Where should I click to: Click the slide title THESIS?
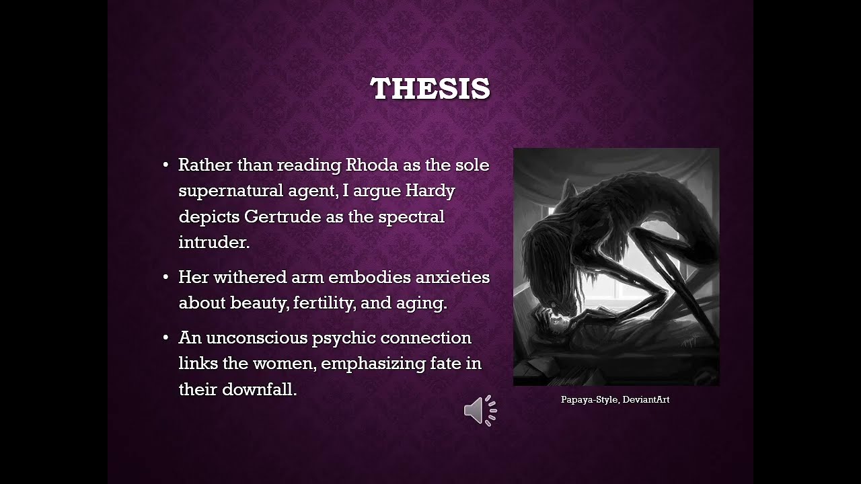pos(430,89)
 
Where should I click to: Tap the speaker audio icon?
pos(480,410)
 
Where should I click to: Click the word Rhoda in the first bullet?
pos(371,165)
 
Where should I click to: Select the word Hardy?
pos(430,191)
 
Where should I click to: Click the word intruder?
pos(213,243)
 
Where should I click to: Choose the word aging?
pos(422,303)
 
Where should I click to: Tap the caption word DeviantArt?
pos(646,399)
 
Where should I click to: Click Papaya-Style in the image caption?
pos(589,399)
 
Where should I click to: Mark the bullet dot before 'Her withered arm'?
pos(165,278)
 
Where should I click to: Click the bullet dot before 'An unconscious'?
pos(165,337)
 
